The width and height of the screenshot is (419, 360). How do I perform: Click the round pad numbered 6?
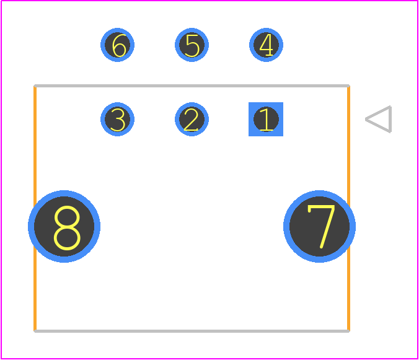coord(117,45)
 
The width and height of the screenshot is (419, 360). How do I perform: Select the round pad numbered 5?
coord(192,45)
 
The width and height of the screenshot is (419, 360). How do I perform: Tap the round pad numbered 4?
coord(266,45)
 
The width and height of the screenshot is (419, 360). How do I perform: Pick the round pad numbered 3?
coord(117,119)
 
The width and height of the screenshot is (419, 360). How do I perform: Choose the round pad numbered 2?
coord(192,119)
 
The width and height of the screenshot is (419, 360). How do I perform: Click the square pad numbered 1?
coord(266,119)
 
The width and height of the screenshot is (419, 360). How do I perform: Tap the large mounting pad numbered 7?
coord(319,226)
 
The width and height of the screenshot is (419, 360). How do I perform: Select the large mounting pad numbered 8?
coord(64,226)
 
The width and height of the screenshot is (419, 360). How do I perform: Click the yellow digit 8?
coord(67,228)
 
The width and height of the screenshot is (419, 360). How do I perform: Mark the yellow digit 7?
coord(322,226)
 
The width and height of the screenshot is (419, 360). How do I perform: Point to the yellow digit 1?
coord(266,120)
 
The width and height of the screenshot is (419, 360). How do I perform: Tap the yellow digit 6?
coord(119,45)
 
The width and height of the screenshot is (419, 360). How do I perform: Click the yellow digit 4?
coord(266,45)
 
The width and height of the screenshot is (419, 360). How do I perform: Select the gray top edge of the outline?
coord(192,86)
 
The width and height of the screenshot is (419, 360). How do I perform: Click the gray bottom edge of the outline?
coord(192,331)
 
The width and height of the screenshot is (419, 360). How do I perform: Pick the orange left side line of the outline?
coord(35,209)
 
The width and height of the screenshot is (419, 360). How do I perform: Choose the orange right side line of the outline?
coord(349,209)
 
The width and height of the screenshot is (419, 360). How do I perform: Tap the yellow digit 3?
coord(118,120)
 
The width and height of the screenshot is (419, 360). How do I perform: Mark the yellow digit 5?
coord(192,46)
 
